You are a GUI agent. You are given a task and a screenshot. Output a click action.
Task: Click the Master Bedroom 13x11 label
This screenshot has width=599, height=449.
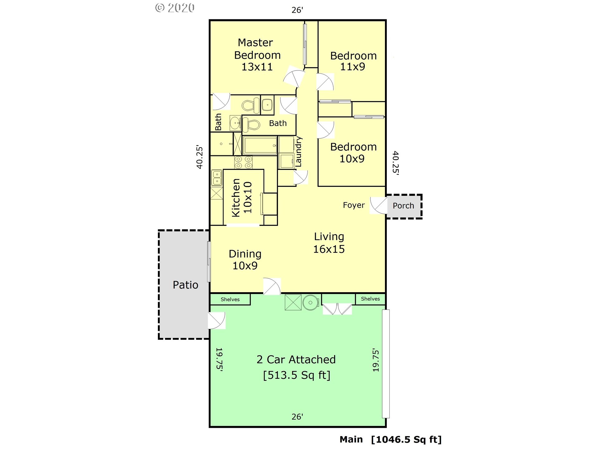coord(257,55)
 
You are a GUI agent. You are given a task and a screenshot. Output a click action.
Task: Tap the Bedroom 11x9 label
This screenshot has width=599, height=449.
coord(353,61)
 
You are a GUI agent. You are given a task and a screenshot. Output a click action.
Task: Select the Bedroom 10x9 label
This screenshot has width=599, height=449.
coord(353,153)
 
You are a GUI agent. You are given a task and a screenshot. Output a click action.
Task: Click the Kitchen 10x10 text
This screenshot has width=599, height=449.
coord(242,197)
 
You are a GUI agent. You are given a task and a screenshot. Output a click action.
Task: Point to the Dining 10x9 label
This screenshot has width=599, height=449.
coord(245,259)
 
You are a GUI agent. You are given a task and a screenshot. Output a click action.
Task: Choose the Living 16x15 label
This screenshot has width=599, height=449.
coord(329,243)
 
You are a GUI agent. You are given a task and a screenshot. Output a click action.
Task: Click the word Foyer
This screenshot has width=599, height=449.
coord(354,205)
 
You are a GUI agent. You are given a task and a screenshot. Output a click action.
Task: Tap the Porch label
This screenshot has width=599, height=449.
coord(403,206)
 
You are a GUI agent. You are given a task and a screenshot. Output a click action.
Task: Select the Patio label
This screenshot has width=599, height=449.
coord(185,285)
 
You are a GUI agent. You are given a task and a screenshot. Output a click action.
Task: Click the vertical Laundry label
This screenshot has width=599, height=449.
coord(299,152)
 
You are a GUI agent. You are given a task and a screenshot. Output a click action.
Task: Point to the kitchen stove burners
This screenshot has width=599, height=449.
coord(243,162)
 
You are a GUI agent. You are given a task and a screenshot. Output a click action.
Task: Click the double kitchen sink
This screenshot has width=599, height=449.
coord(217,178)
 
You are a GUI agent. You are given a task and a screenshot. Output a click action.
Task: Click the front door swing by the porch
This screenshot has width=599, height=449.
coord(378,205)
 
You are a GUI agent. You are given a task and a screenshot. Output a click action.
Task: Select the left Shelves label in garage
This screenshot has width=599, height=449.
coord(230,299)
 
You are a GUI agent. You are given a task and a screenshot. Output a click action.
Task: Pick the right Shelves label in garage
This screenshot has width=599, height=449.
coord(370,299)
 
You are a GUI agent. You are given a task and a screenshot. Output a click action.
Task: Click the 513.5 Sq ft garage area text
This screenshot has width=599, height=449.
coord(297,375)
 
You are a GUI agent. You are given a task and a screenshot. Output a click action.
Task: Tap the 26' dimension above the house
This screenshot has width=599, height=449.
coord(297,10)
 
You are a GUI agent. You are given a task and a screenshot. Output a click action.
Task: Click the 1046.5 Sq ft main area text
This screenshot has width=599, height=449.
coord(407,440)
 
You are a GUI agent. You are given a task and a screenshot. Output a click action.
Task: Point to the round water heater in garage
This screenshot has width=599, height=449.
coord(310,302)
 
